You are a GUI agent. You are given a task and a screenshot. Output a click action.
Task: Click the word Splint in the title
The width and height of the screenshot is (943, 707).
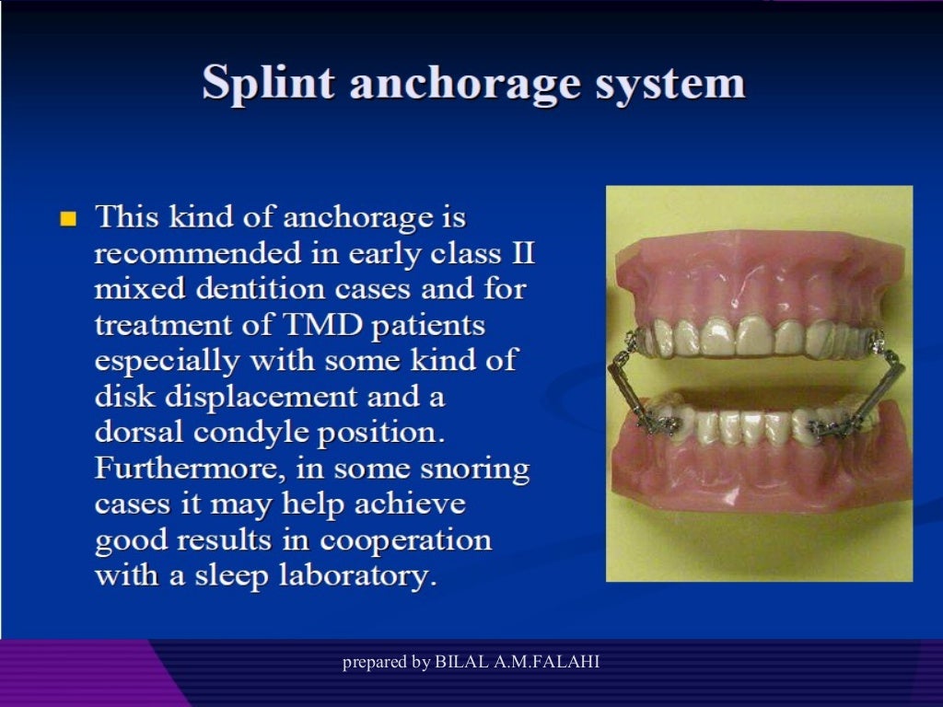click(268, 84)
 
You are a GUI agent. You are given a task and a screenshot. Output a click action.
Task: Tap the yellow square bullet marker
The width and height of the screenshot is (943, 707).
click(67, 219)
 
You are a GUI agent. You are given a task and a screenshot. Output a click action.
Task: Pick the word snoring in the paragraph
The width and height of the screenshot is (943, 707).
click(475, 469)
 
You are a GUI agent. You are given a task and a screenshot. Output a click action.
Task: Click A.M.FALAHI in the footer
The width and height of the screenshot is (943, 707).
click(550, 662)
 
